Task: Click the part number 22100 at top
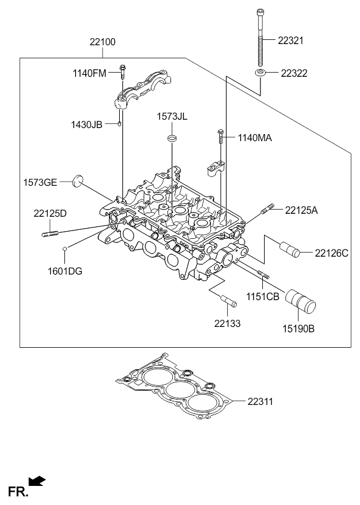103,42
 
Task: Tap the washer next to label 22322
261,73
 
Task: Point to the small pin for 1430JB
120,124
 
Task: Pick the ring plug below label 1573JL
172,139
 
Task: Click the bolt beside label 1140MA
221,138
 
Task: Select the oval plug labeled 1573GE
77,180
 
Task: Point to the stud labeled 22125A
268,209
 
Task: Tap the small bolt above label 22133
228,301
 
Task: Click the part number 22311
260,402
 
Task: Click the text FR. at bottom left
16,491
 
